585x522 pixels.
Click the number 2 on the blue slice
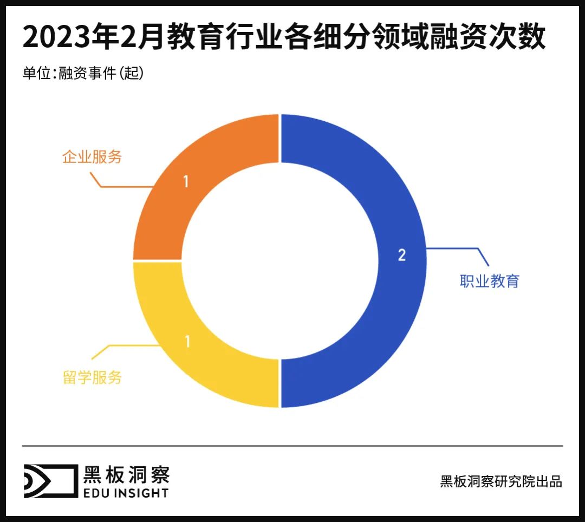click(401, 255)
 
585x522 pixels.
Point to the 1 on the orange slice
click(185, 181)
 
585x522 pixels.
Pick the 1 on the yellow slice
click(187, 342)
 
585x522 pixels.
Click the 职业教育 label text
click(489, 281)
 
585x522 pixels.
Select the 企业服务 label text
click(92, 157)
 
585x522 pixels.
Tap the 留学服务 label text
click(92, 377)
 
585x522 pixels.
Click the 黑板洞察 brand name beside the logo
click(126, 474)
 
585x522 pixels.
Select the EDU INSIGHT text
click(126, 493)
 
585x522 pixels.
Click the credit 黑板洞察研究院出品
click(501, 481)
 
